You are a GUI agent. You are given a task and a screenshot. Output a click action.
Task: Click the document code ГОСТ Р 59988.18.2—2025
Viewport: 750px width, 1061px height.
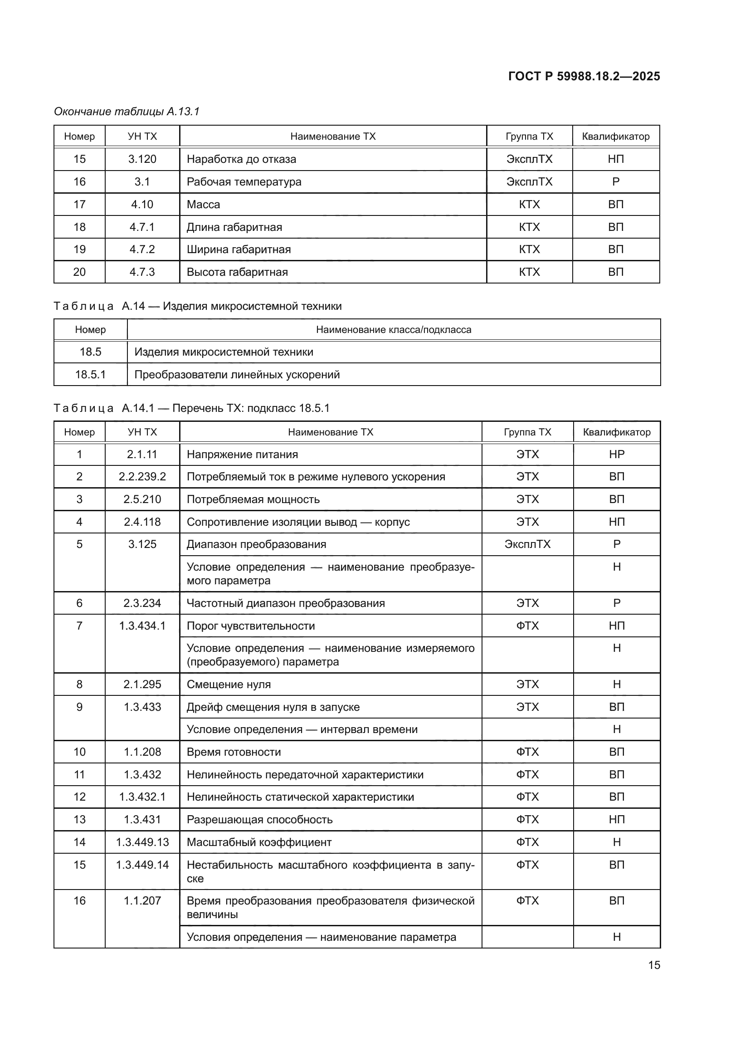pyautogui.click(x=584, y=76)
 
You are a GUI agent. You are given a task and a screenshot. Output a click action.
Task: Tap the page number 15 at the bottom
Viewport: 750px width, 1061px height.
pyautogui.click(x=654, y=965)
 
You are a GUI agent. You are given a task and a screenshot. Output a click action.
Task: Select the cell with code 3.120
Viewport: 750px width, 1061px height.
pyautogui.click(x=142, y=159)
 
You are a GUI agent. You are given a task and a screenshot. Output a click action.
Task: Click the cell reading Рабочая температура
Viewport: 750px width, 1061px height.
pyautogui.click(x=244, y=181)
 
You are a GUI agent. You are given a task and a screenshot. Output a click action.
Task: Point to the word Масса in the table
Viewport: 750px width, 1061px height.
pyautogui.click(x=203, y=204)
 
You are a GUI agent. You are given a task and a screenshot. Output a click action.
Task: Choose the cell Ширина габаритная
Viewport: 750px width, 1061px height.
pyautogui.click(x=239, y=249)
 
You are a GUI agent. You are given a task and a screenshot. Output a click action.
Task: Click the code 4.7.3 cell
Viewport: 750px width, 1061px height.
pyautogui.click(x=142, y=272)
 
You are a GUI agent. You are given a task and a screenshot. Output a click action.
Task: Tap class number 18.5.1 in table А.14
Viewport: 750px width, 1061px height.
pyautogui.click(x=91, y=374)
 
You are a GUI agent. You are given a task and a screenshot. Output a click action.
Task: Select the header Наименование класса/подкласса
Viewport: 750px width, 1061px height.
pyautogui.click(x=394, y=329)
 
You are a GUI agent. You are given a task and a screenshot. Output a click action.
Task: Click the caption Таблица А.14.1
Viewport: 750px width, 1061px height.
pyautogui.click(x=191, y=408)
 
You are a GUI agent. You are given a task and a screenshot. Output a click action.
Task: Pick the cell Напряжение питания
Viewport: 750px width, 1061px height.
pyautogui.click(x=242, y=454)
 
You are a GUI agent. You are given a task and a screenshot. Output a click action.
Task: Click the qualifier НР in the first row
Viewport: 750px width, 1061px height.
pyautogui.click(x=617, y=454)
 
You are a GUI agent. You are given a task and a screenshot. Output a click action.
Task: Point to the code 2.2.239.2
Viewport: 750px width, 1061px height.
pyautogui.click(x=142, y=476)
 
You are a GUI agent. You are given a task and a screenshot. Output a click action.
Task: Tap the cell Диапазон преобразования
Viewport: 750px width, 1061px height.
pyautogui.click(x=256, y=544)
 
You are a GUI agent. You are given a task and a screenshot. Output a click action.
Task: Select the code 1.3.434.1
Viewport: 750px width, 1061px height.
pyautogui.click(x=142, y=626)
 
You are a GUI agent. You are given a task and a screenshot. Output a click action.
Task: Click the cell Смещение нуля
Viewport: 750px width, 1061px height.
pyautogui.click(x=229, y=685)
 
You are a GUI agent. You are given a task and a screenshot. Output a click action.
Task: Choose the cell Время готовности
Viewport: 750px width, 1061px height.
pyautogui.click(x=234, y=752)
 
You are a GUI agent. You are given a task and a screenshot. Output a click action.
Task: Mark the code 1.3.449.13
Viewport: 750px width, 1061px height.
pyautogui.click(x=142, y=842)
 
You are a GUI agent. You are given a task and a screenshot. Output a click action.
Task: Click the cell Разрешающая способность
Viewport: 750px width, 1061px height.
pyautogui.click(x=259, y=819)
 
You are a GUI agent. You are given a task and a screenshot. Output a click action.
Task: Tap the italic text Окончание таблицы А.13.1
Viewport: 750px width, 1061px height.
pyautogui.click(x=127, y=112)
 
